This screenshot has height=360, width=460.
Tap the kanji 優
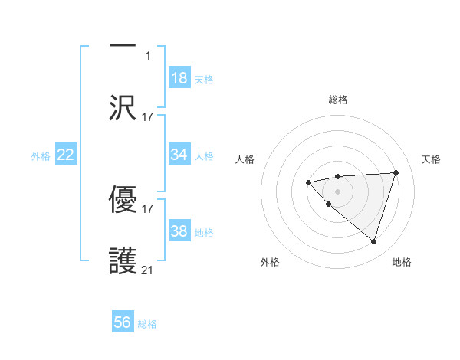[x=123, y=198]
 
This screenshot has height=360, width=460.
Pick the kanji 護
[x=123, y=260]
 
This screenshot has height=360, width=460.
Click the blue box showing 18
[x=179, y=78]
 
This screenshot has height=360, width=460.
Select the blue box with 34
[x=179, y=155]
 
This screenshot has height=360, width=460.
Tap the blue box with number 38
[x=179, y=231]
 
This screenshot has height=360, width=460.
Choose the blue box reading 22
[x=66, y=155]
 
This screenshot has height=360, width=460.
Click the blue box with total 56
[x=123, y=322]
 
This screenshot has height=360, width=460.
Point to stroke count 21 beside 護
[x=148, y=270]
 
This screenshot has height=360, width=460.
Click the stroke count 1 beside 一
[x=148, y=55]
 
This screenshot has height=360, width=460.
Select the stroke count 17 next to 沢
[x=148, y=116]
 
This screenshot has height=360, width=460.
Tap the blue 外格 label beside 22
[x=41, y=156]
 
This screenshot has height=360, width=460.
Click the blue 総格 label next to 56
[x=147, y=324]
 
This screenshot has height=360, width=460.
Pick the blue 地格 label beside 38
[x=204, y=233]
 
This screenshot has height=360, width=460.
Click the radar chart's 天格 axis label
[x=431, y=159]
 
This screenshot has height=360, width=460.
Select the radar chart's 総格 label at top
[x=337, y=100]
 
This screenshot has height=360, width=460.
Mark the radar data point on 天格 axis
[x=396, y=172]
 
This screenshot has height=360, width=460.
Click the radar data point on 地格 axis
[x=373, y=241]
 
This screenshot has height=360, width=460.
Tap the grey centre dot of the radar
[x=337, y=191]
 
